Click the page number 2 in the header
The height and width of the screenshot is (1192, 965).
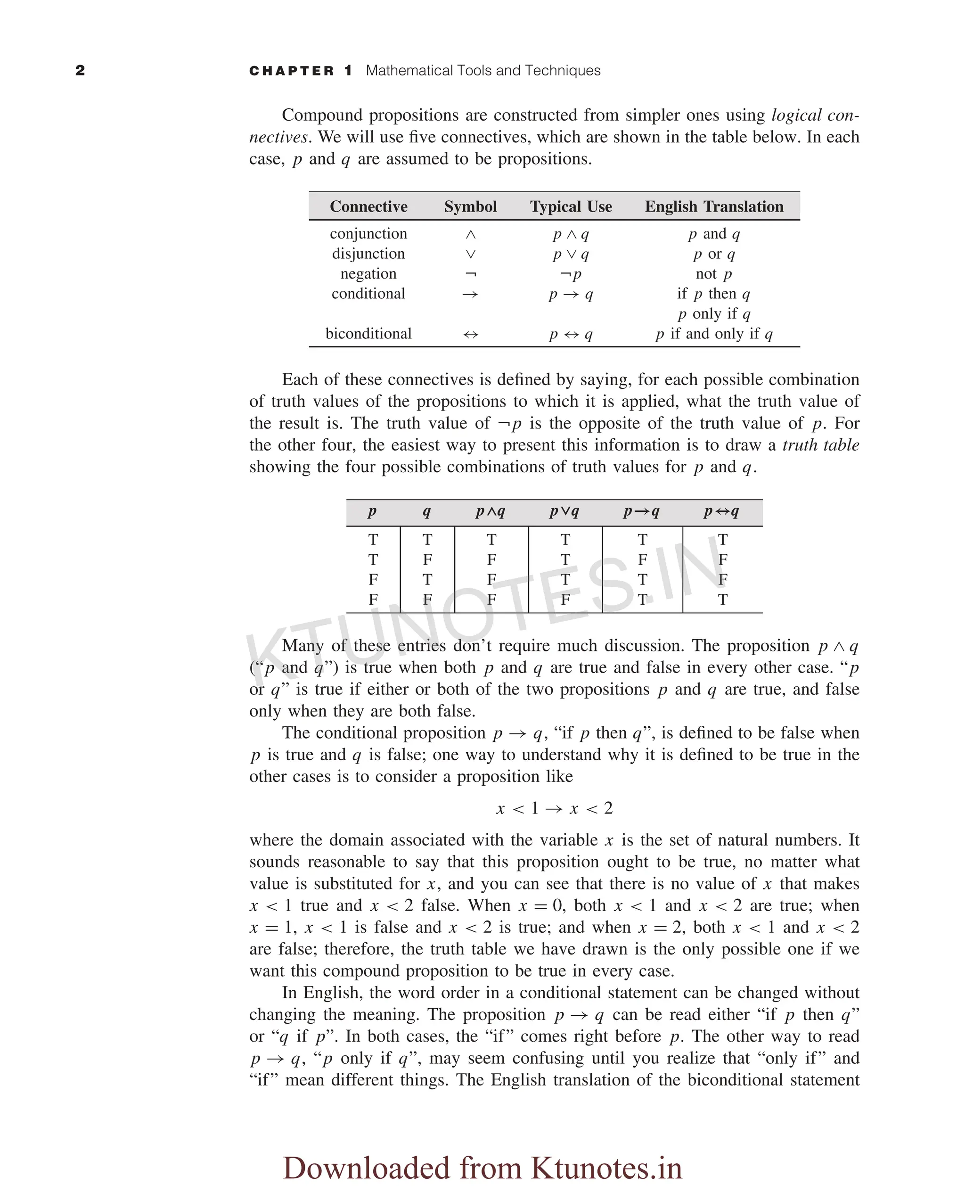pyautogui.click(x=80, y=71)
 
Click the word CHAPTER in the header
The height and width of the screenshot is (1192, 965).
pyautogui.click(x=291, y=71)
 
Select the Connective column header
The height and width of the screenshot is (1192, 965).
pyautogui.click(x=368, y=206)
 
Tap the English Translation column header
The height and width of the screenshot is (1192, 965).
pyautogui.click(x=714, y=206)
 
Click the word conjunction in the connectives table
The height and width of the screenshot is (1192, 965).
pyautogui.click(x=368, y=233)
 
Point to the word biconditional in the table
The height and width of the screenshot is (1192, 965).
pyautogui.click(x=368, y=334)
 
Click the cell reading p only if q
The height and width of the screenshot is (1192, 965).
pyautogui.click(x=714, y=314)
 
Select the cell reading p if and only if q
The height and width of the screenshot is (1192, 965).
pyautogui.click(x=714, y=334)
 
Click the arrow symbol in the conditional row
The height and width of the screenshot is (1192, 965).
pyautogui.click(x=470, y=294)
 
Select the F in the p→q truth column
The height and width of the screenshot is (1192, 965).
pyautogui.click(x=642, y=559)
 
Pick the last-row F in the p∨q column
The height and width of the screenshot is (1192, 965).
pyautogui.click(x=565, y=600)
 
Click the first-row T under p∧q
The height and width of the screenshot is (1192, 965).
pyautogui.click(x=491, y=539)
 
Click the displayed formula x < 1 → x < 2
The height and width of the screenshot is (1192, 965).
pyautogui.click(x=554, y=808)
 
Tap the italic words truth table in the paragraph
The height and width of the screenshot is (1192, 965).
pyautogui.click(x=820, y=445)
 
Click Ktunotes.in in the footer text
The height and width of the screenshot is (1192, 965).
pyautogui.click(x=606, y=1167)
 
